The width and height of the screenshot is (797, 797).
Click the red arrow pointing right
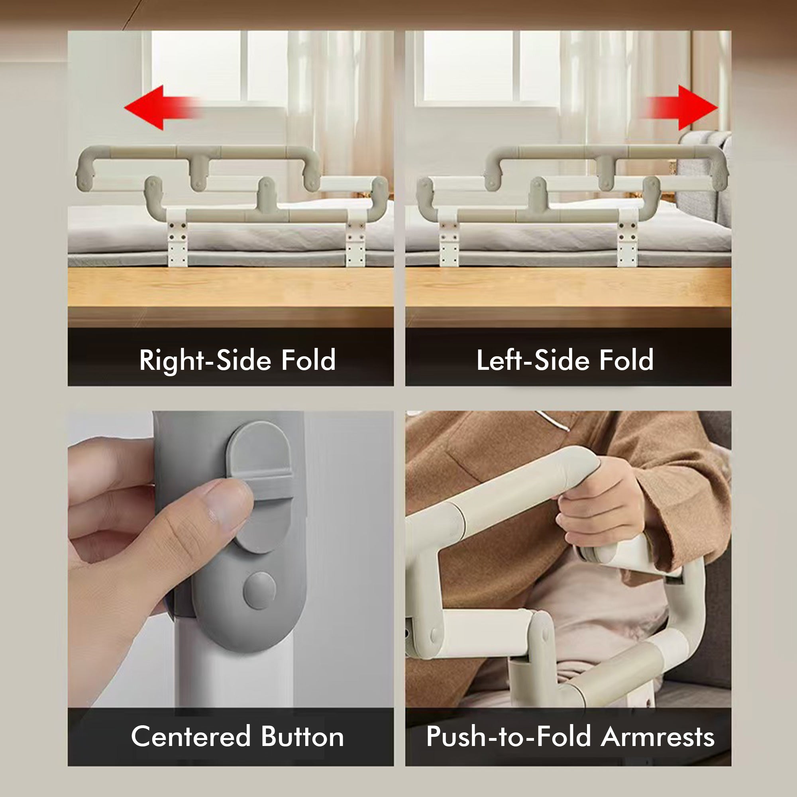689,108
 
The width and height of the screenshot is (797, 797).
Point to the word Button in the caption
302,737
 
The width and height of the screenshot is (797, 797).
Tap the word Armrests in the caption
658,737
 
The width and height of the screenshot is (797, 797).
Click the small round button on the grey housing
259,590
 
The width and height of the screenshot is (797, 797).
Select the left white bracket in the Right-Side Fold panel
177,239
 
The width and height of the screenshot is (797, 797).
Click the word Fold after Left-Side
626,360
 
